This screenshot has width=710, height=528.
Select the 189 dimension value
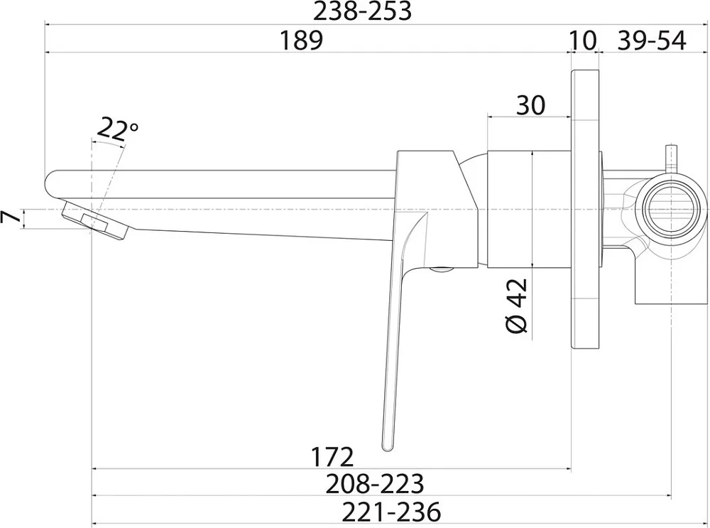(x=301, y=40)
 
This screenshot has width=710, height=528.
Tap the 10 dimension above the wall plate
(x=582, y=40)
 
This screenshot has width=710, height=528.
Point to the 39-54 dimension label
(x=652, y=40)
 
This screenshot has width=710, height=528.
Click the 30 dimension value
(x=530, y=105)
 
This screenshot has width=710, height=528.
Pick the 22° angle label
(x=116, y=129)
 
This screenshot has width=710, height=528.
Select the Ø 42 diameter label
(x=516, y=306)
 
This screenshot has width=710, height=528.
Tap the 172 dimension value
(x=332, y=457)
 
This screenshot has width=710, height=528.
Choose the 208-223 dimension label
(x=374, y=483)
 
